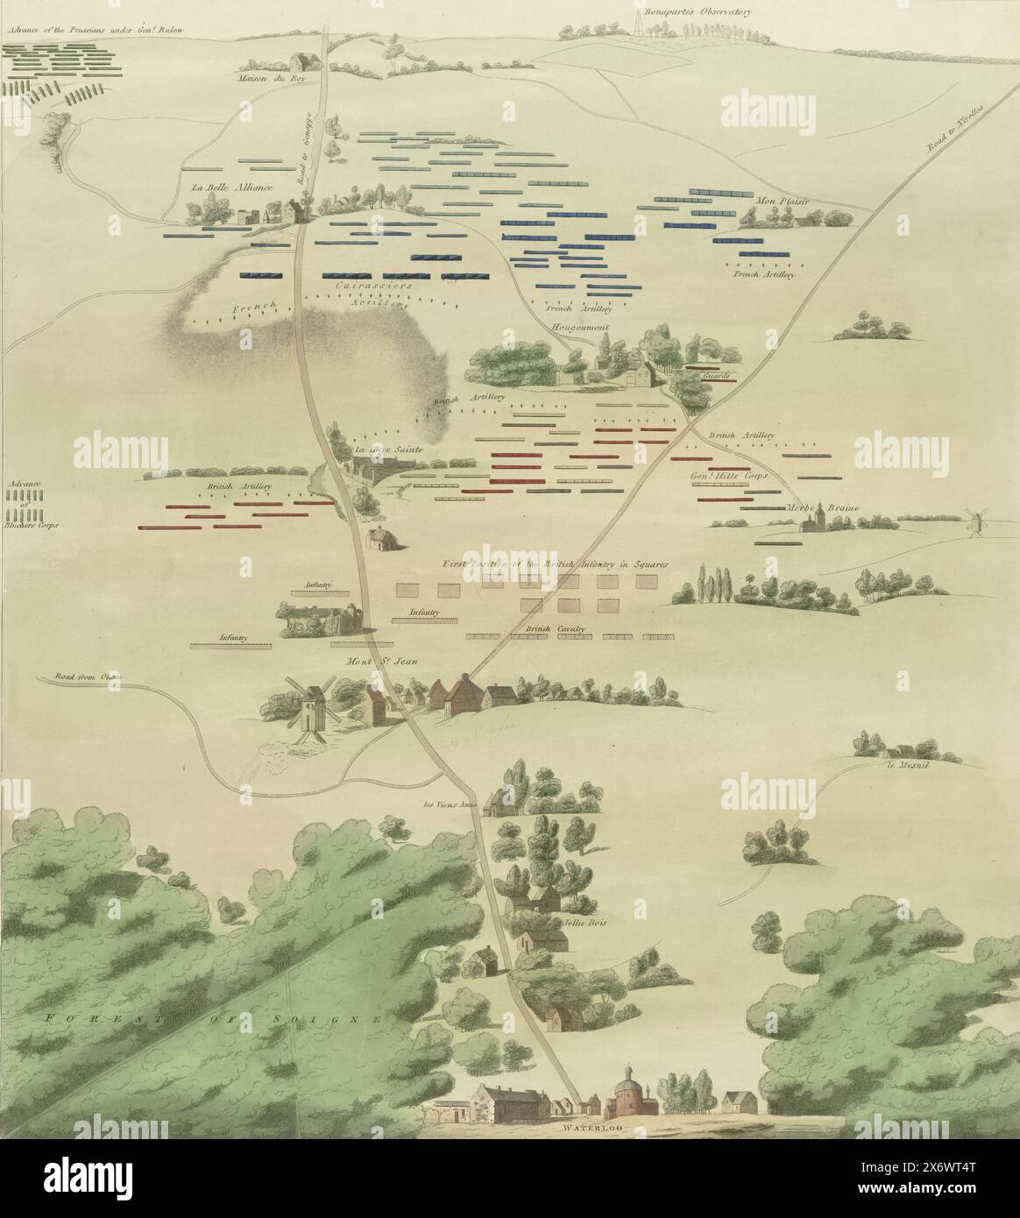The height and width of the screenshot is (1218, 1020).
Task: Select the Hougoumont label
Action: pos(579,327)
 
